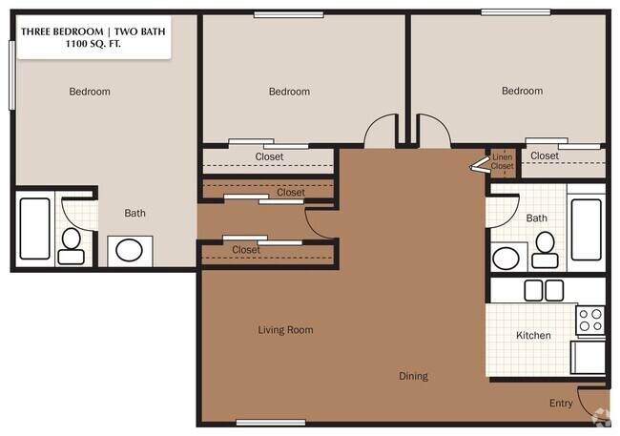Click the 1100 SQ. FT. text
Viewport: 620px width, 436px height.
93,44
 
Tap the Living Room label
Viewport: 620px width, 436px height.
285,330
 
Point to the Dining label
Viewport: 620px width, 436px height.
413,376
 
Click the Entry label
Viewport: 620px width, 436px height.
561,404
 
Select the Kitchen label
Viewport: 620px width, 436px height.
533,336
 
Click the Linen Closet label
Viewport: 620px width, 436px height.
502,162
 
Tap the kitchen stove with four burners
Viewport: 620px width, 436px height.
590,321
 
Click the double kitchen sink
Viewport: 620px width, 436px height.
544,290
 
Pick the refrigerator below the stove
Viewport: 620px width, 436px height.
588,357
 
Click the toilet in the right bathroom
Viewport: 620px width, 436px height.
545,250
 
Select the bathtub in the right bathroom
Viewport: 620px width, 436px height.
587,230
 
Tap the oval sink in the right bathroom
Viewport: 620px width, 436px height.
506,259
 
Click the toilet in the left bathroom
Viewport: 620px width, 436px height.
72,246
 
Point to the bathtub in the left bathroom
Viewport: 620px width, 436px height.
34,229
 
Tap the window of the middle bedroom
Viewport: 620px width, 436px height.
289,15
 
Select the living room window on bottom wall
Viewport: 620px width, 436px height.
271,423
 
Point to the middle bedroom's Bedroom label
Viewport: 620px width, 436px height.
289,92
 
